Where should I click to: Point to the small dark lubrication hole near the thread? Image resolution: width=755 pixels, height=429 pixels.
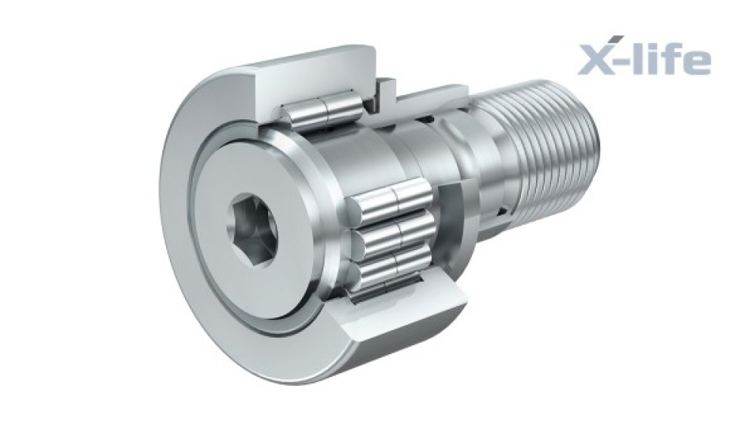coord(503,211)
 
